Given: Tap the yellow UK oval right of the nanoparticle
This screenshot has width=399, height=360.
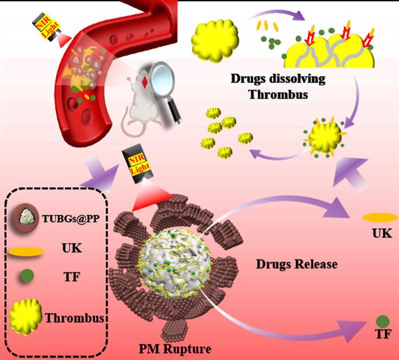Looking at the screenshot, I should pyautogui.click(x=380, y=218).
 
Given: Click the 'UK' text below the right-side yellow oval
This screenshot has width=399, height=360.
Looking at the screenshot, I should pyautogui.click(x=381, y=234).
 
